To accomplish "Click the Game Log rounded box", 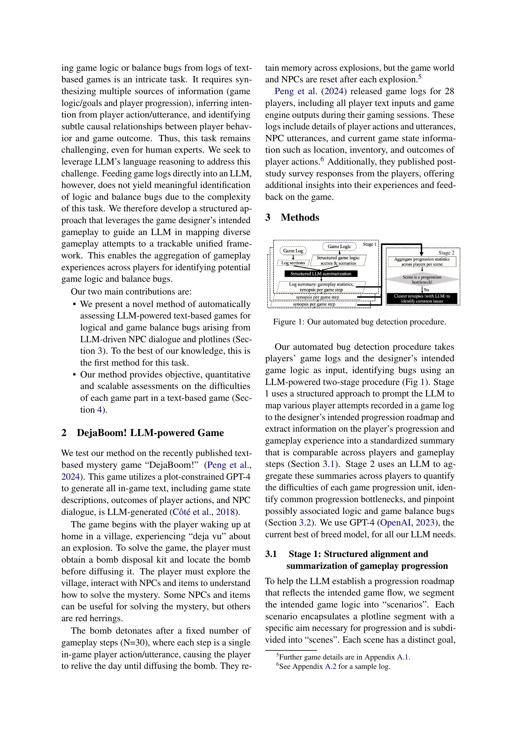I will click(x=293, y=251).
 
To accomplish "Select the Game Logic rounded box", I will click(x=339, y=247).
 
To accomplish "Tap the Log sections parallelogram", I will click(x=293, y=263).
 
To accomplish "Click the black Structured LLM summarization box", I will click(x=321, y=274).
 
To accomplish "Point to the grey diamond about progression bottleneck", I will click(x=422, y=279).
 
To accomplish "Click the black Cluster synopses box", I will click(x=422, y=299).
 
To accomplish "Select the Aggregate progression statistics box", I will click(x=422, y=261).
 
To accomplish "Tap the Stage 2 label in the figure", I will click(x=446, y=253).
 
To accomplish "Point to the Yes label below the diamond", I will click(x=426, y=290).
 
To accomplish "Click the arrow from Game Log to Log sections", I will click(x=293, y=257).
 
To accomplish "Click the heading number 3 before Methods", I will click(x=268, y=218).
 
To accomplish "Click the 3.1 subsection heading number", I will click(x=271, y=554).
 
